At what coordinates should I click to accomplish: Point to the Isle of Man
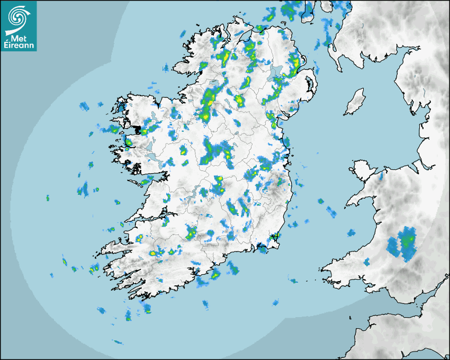pyautogui.click(x=355, y=102)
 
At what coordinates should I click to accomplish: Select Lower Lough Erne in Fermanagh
pyautogui.click(x=216, y=85)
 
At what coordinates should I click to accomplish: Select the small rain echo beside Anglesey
pyautogui.click(x=381, y=175)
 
